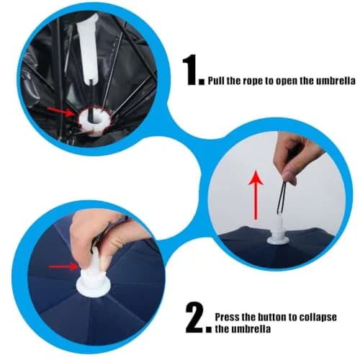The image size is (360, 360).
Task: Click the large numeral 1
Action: [191, 70]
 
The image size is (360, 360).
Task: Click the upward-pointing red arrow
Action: [256, 194]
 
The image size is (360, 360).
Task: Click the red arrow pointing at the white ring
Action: [62, 111]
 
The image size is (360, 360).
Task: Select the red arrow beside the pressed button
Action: [63, 266]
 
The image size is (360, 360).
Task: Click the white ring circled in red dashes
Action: [94, 120]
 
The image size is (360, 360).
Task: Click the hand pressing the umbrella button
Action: [101, 236]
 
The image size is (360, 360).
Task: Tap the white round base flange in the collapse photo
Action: [94, 287]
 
